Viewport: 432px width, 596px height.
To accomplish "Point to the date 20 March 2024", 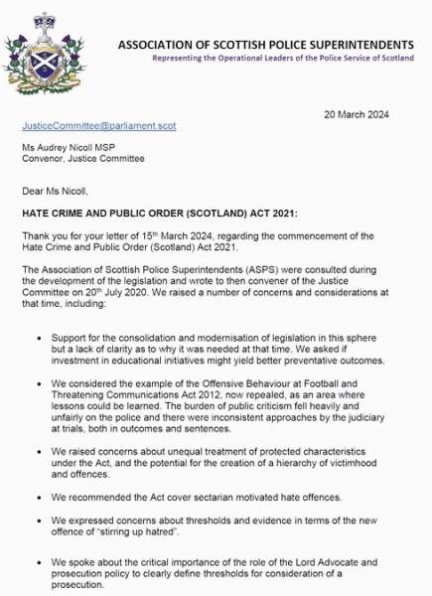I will click(x=358, y=114).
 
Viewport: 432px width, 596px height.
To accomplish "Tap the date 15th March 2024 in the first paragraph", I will click(x=182, y=235).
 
